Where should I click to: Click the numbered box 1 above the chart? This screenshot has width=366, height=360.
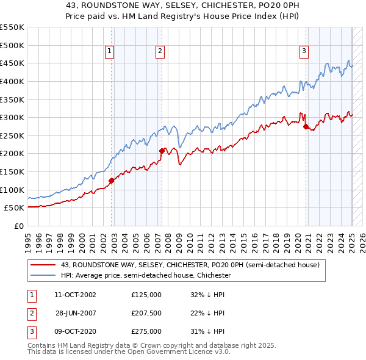(109, 52)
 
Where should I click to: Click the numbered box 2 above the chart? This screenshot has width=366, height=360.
(160, 52)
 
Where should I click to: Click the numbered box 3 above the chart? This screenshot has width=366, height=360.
(303, 52)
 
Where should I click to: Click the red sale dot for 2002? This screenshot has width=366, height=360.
(112, 181)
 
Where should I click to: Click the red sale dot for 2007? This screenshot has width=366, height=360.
(162, 151)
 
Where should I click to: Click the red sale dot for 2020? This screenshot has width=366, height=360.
(306, 126)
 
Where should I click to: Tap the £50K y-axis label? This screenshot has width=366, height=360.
(14, 207)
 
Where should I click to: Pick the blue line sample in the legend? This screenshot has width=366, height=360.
(43, 275)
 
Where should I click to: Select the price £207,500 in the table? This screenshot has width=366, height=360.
(146, 312)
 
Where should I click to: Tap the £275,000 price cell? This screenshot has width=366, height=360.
(146, 331)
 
